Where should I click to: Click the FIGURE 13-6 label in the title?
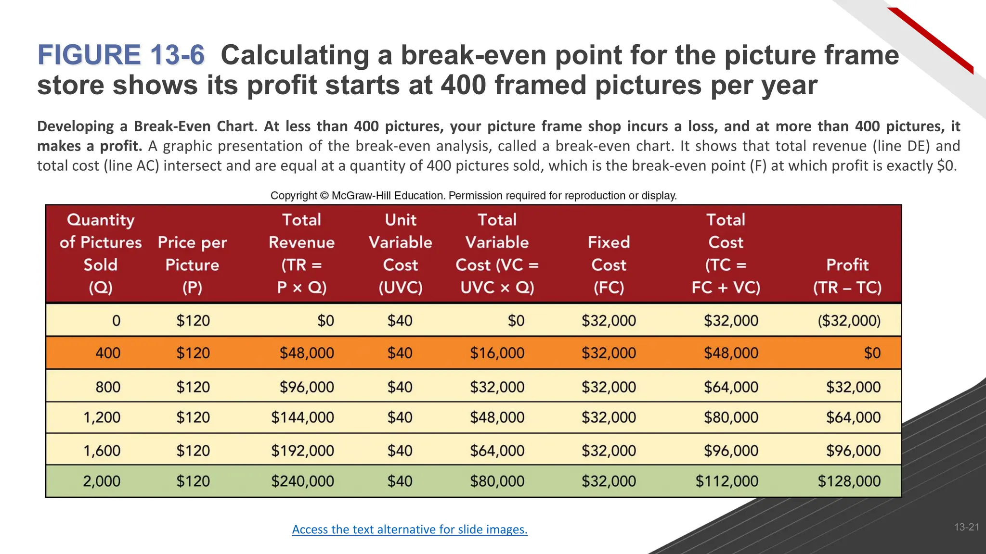point(121,55)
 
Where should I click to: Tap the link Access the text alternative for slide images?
point(410,529)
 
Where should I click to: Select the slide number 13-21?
point(966,527)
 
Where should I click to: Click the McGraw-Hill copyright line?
point(473,196)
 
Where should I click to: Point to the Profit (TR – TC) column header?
point(847,276)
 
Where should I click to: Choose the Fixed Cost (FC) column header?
point(609,264)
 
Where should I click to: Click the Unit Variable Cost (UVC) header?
point(400,253)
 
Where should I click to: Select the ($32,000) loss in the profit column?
point(849,321)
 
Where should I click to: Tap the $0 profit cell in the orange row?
point(872,353)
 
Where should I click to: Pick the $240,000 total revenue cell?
point(302,481)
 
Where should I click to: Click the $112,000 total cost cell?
point(727,481)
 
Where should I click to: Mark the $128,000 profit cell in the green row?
point(849,481)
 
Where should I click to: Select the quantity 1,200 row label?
point(102,417)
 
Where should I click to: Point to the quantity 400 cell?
point(108,353)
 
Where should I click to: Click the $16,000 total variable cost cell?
point(497,353)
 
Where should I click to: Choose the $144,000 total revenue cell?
point(302,417)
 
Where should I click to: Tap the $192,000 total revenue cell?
point(302,451)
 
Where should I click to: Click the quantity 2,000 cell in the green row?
point(102,481)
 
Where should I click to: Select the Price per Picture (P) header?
point(192,264)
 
